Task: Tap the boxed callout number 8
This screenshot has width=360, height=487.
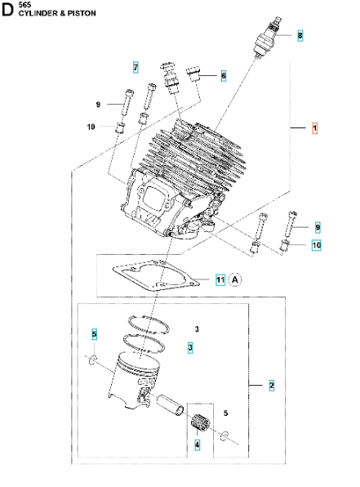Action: coord(300,36)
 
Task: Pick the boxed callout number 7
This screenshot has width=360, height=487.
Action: coord(136,65)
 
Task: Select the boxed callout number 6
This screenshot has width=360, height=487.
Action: coord(224,75)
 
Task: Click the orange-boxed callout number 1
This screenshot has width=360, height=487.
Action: coord(315,128)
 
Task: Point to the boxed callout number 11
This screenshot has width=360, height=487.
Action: coord(220,279)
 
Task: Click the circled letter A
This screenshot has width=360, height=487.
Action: coord(235,279)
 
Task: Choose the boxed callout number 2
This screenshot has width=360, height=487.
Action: coord(272,384)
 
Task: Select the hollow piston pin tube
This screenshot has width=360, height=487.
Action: coord(173,404)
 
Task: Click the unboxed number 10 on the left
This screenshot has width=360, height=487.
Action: coord(91,126)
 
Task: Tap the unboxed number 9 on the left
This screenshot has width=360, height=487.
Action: coord(97,105)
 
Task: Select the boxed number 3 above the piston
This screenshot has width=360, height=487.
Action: coord(190,347)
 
